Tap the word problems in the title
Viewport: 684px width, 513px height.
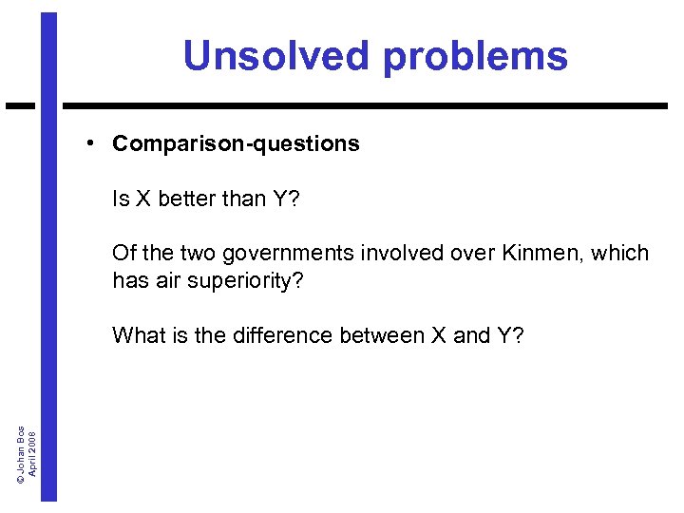pyautogui.click(x=475, y=57)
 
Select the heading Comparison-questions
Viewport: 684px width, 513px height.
pyautogui.click(x=236, y=143)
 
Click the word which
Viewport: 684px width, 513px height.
pyautogui.click(x=621, y=254)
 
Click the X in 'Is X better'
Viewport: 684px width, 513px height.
pyautogui.click(x=143, y=199)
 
